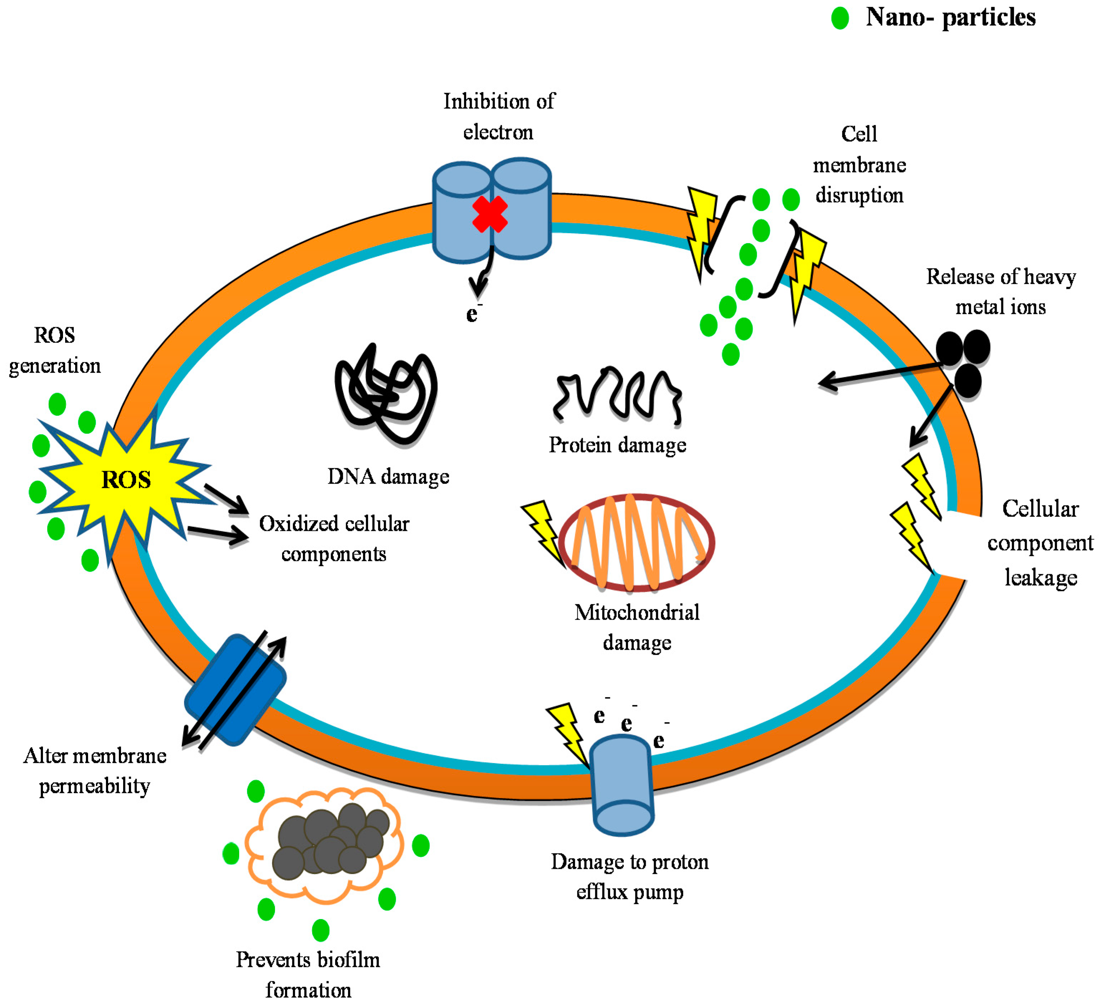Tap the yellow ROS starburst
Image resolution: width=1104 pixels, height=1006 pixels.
(126, 480)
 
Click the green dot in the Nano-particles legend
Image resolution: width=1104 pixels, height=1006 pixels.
(839, 18)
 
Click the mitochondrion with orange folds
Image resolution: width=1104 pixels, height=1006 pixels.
(637, 542)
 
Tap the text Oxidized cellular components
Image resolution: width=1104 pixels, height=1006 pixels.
(334, 539)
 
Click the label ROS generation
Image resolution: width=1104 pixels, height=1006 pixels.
(55, 350)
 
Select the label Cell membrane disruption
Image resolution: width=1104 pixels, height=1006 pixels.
(859, 164)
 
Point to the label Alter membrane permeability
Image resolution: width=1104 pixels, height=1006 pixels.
(95, 770)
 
